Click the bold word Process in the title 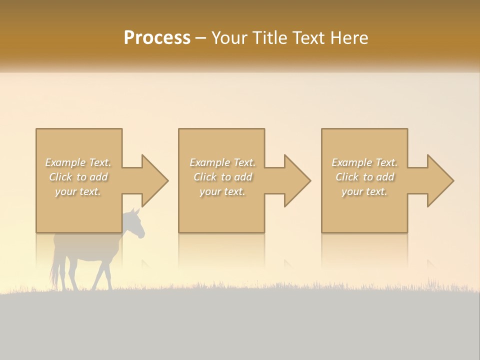(x=157, y=38)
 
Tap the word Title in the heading (x=270, y=38)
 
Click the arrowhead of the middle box (x=297, y=180)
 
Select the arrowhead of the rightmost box (x=440, y=180)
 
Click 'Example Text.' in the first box (x=78, y=162)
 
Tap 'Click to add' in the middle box (x=222, y=177)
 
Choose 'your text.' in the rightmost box (x=364, y=191)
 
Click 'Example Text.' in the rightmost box (x=364, y=162)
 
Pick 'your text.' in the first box (x=78, y=191)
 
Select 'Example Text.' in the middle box (x=222, y=162)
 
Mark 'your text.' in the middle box (x=222, y=191)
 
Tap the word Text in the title (x=308, y=38)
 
